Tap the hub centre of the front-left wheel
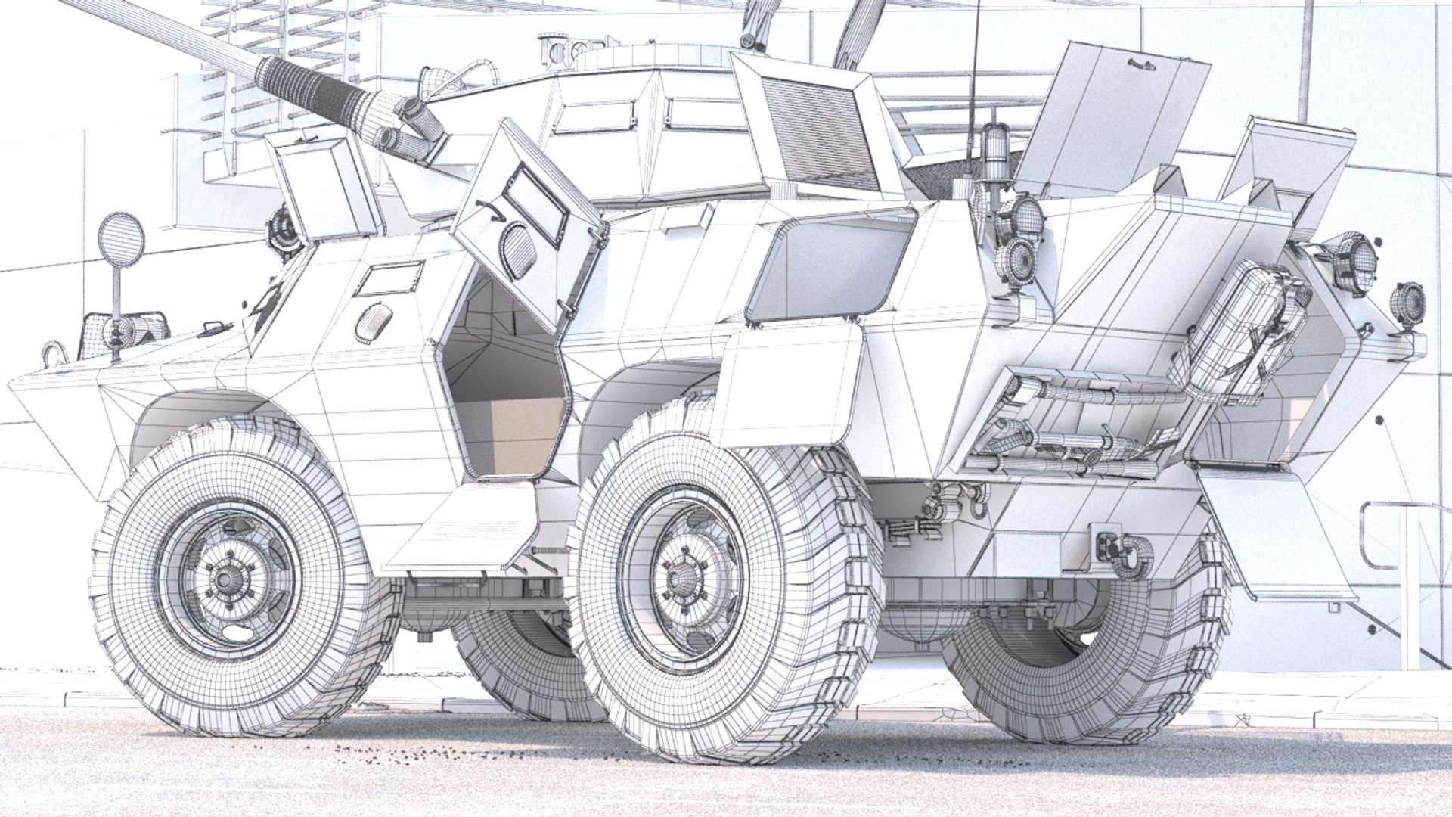pyautogui.click(x=225, y=579)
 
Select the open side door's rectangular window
pyautogui.click(x=536, y=200)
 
